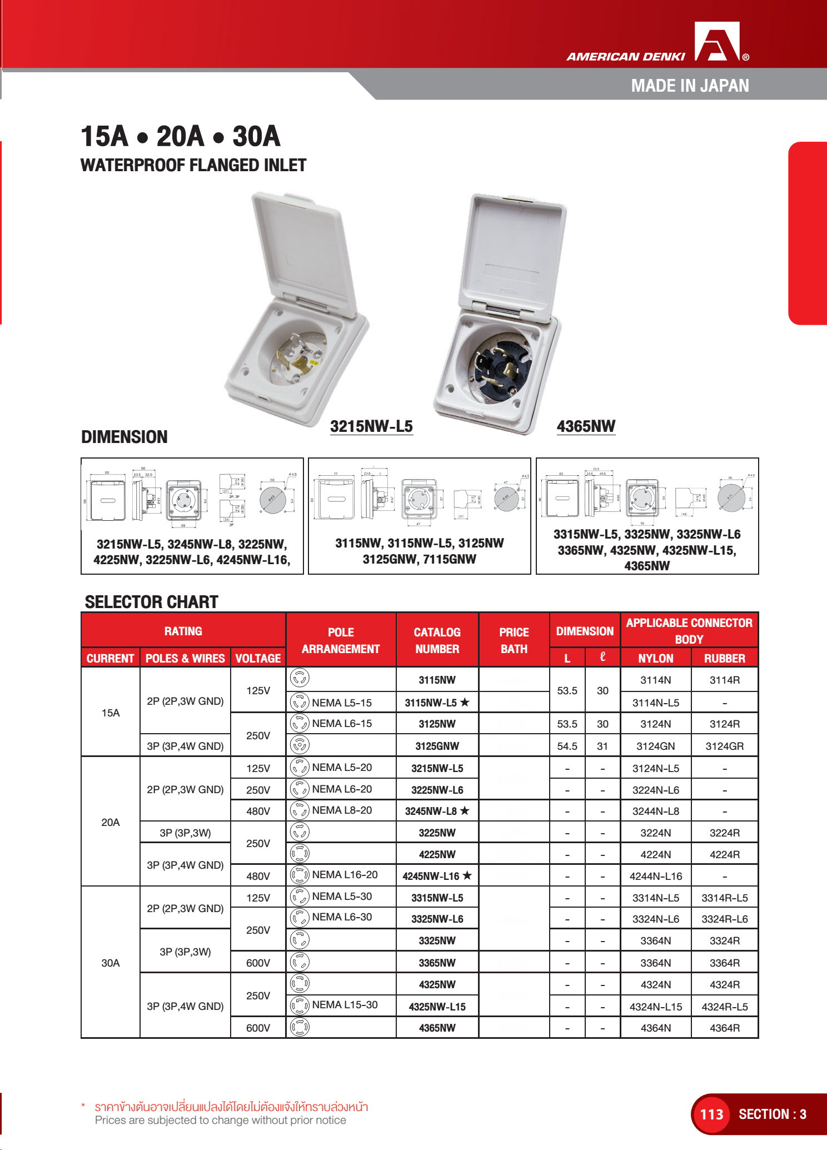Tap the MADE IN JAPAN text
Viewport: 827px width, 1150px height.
pos(690,86)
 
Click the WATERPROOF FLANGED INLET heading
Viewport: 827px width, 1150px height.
pos(193,165)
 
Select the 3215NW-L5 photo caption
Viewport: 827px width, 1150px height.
pos(371,426)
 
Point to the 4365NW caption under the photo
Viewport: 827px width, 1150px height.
pos(586,426)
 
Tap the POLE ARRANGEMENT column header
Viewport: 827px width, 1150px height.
pos(341,640)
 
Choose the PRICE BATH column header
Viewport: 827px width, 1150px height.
pos(514,640)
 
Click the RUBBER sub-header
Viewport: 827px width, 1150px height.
pos(724,658)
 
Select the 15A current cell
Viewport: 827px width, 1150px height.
pos(111,713)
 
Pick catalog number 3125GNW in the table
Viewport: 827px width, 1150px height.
pos(437,746)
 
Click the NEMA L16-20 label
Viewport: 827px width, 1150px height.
pos(345,875)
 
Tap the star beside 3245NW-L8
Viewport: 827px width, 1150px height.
pos(465,811)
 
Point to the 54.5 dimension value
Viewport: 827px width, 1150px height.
pos(567,746)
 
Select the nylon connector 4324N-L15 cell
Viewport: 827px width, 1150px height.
pos(655,1007)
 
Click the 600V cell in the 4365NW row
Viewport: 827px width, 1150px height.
pos(258,1028)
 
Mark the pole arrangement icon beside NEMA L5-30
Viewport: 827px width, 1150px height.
pos(300,897)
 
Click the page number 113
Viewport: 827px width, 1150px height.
pos(711,1114)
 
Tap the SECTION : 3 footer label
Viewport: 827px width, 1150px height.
pos(772,1114)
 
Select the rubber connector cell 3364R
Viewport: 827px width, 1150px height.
pos(724,963)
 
